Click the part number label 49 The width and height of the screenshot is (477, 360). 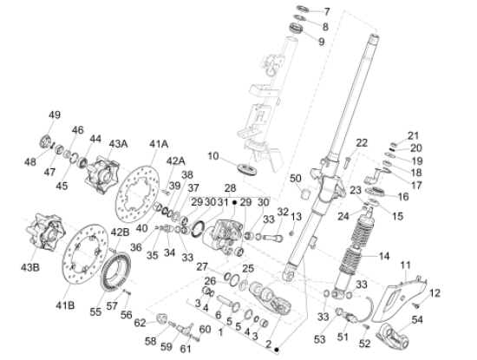click(x=55, y=115)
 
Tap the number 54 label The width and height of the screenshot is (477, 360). click(x=442, y=321)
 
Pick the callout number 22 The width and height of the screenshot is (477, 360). click(x=362, y=142)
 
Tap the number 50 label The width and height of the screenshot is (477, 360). click(x=296, y=178)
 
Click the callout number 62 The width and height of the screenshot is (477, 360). click(x=140, y=323)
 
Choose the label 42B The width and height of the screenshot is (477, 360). click(x=119, y=232)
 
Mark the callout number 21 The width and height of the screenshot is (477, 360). click(x=414, y=135)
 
